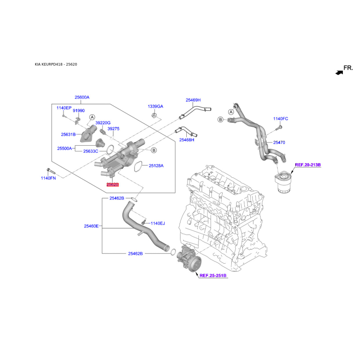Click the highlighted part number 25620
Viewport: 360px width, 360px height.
(112, 184)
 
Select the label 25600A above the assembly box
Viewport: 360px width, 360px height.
(82, 97)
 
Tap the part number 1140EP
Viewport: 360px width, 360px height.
(64, 108)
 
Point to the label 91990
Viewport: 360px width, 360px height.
(79, 110)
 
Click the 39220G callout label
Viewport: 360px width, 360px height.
(103, 123)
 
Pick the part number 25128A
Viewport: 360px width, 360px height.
(156, 166)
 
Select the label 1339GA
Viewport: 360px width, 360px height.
(156, 106)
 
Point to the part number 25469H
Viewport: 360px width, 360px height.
(193, 100)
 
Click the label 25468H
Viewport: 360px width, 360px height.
(187, 140)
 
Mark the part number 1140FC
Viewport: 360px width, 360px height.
(280, 119)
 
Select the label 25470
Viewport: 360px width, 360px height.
(279, 143)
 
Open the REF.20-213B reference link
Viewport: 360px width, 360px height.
(308, 165)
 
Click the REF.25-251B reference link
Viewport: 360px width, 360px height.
(213, 275)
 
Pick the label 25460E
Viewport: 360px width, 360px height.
(91, 226)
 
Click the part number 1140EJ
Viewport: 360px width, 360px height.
(158, 223)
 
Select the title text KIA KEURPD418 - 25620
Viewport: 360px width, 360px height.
(56, 64)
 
